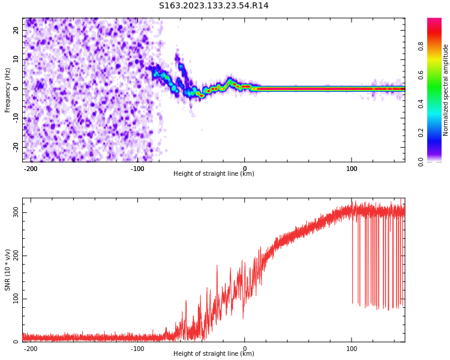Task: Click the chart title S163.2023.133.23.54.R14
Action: click(214, 5)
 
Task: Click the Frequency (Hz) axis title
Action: click(8, 90)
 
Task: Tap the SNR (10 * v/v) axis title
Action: click(8, 270)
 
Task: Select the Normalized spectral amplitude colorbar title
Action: click(446, 90)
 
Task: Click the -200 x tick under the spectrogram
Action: click(31, 169)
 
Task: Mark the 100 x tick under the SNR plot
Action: click(352, 349)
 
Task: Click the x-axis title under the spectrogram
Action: click(214, 174)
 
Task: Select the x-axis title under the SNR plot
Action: click(214, 354)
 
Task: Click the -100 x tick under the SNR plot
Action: click(137, 349)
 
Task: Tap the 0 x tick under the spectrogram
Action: click(244, 169)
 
